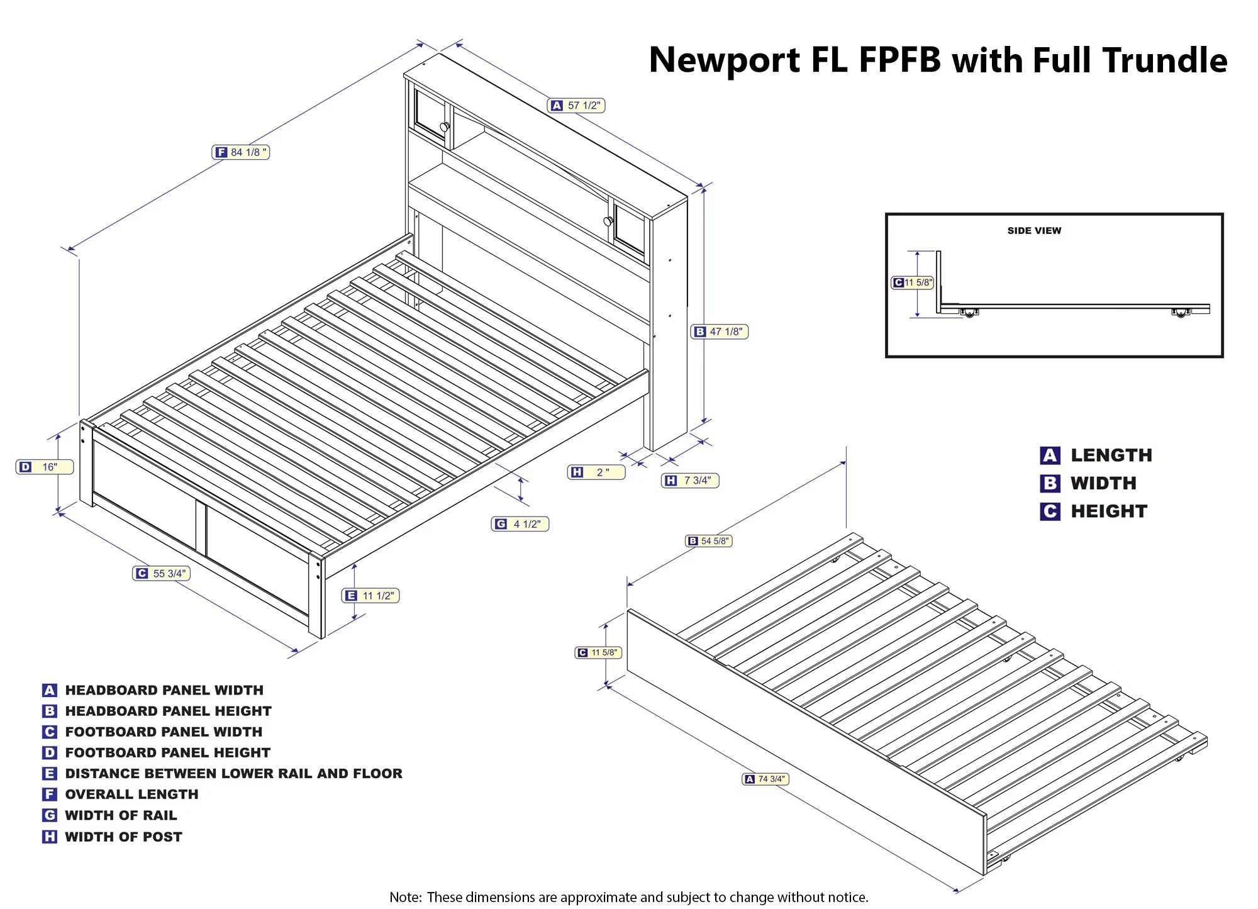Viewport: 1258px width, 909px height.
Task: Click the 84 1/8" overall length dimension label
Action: [241, 152]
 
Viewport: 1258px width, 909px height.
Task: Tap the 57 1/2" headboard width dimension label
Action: [576, 106]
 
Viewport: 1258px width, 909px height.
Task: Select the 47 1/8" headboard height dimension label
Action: [720, 332]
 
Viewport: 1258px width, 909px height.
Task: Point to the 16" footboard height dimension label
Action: [45, 467]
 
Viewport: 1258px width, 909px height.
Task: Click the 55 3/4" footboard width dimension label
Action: [162, 573]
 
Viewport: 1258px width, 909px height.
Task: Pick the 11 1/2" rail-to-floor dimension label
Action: [370, 595]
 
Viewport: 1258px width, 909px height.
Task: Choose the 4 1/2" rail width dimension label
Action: [520, 524]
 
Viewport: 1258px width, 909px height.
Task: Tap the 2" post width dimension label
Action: [596, 472]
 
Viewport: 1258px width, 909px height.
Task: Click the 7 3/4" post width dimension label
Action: [690, 481]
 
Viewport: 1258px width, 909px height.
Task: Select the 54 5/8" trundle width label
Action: [709, 541]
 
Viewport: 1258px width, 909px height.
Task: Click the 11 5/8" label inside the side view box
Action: [913, 282]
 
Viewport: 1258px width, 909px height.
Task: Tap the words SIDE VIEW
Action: [1034, 231]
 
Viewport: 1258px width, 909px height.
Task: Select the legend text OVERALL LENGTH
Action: [131, 795]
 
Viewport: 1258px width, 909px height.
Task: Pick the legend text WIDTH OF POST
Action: [123, 837]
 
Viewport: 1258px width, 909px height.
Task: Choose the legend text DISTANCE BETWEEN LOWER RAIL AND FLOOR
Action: [233, 773]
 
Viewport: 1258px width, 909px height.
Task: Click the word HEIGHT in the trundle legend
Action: [1109, 511]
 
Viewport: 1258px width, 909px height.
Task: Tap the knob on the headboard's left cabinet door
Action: [445, 127]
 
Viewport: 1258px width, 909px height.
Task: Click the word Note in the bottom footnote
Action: [404, 897]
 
